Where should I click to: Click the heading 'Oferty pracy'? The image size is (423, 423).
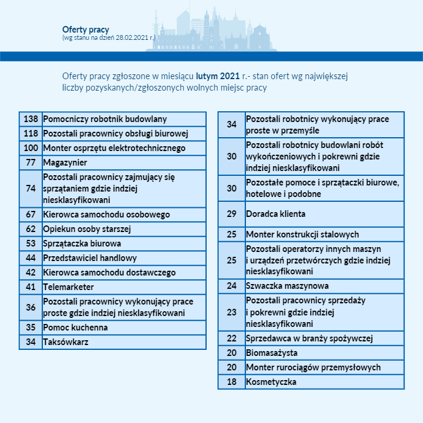[86, 29]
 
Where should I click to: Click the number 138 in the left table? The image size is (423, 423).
[31, 119]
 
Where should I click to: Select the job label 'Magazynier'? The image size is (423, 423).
[65, 163]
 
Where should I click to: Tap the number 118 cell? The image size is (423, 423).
[31, 134]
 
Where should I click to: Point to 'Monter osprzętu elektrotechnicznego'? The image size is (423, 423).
[114, 148]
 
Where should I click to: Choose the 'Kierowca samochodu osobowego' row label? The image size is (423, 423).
[106, 215]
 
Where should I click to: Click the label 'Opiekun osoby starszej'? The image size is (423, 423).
[87, 229]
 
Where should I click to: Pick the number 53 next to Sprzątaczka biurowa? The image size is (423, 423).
[31, 244]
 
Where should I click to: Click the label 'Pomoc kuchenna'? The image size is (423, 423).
[76, 328]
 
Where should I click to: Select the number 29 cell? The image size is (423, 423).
[231, 214]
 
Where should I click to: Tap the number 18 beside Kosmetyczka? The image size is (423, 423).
[231, 382]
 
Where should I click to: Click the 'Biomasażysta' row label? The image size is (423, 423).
[272, 353]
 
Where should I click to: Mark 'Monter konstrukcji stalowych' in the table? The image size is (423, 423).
[302, 234]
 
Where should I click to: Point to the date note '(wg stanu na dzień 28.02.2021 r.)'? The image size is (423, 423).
[109, 37]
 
